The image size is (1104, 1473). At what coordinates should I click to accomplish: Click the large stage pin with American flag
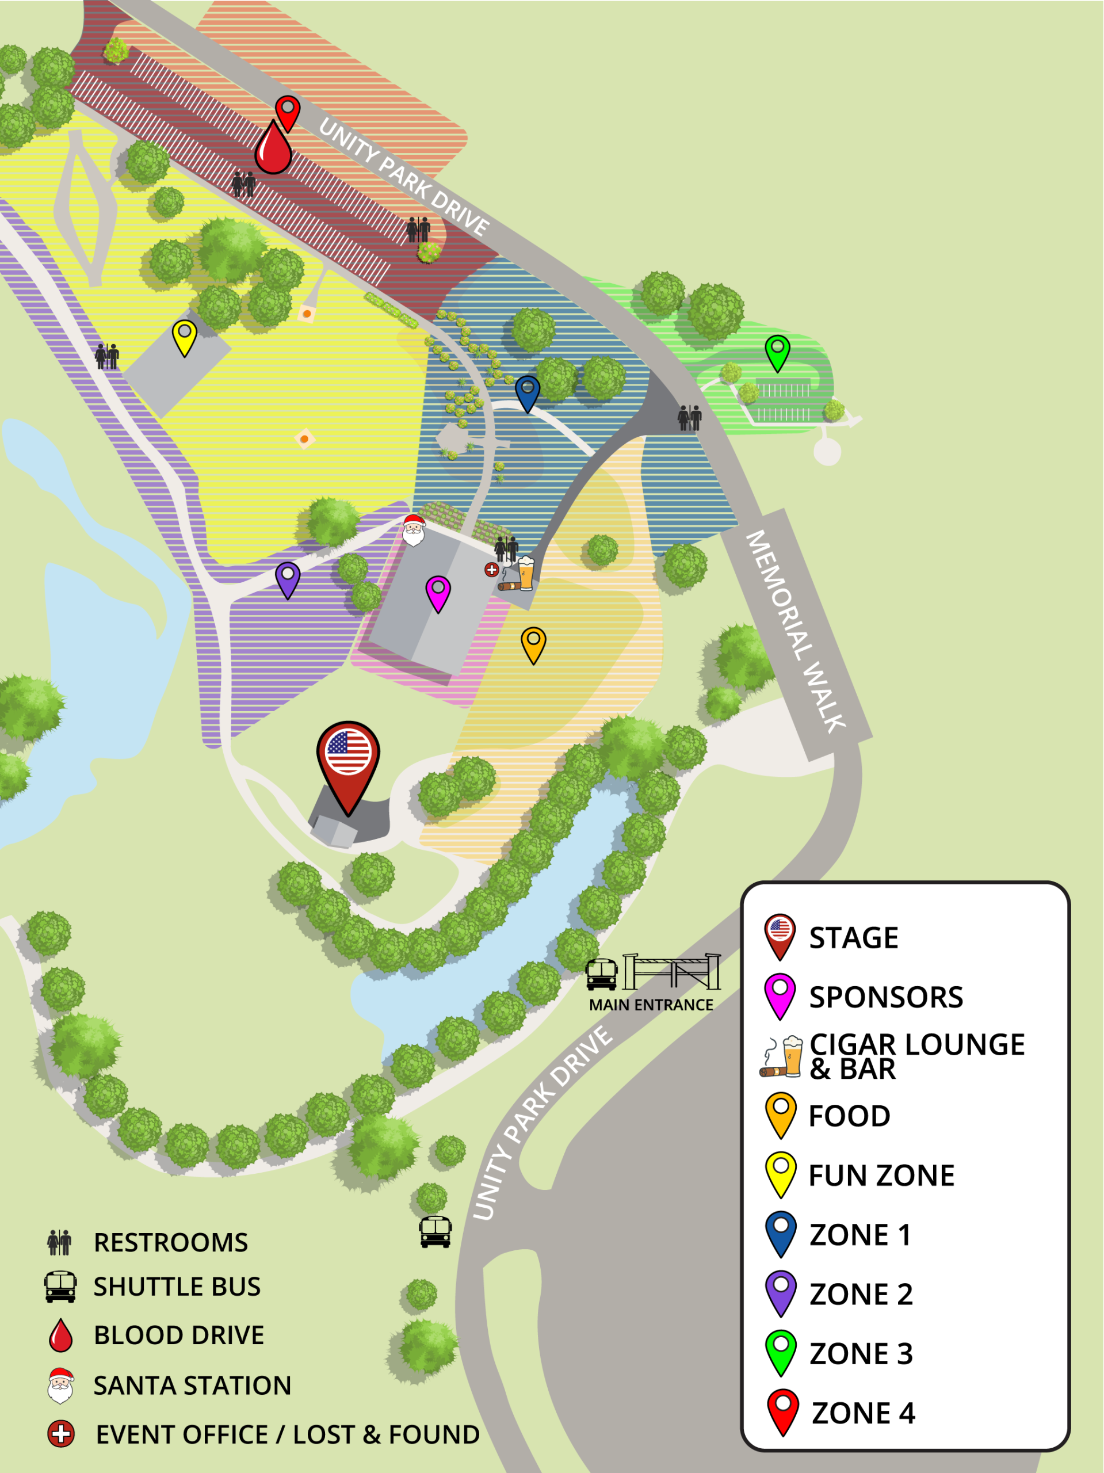click(347, 759)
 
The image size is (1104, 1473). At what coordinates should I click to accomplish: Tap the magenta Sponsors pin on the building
click(438, 592)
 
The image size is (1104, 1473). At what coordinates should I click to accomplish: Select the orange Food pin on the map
click(533, 643)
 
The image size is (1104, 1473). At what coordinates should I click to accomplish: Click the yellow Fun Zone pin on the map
click(185, 335)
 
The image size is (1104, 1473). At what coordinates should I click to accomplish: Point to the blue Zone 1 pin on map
click(528, 392)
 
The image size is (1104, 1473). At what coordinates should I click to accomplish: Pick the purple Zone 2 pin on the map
click(288, 578)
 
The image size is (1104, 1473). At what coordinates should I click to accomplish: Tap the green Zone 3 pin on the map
click(777, 351)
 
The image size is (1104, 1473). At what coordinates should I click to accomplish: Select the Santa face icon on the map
click(414, 530)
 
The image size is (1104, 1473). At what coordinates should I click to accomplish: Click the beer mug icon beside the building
click(526, 573)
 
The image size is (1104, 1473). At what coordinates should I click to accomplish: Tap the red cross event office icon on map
click(491, 570)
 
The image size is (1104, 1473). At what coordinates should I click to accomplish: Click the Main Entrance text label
click(651, 1005)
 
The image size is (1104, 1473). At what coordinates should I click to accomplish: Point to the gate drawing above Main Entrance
click(671, 972)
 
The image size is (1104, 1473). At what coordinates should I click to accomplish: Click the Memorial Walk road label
click(795, 631)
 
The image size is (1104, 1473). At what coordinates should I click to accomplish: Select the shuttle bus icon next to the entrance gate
click(601, 974)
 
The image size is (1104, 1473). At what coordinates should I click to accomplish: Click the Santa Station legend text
click(192, 1386)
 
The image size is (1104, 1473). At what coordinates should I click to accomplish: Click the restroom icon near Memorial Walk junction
click(689, 418)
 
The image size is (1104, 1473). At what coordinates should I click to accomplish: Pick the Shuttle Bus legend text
click(177, 1287)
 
